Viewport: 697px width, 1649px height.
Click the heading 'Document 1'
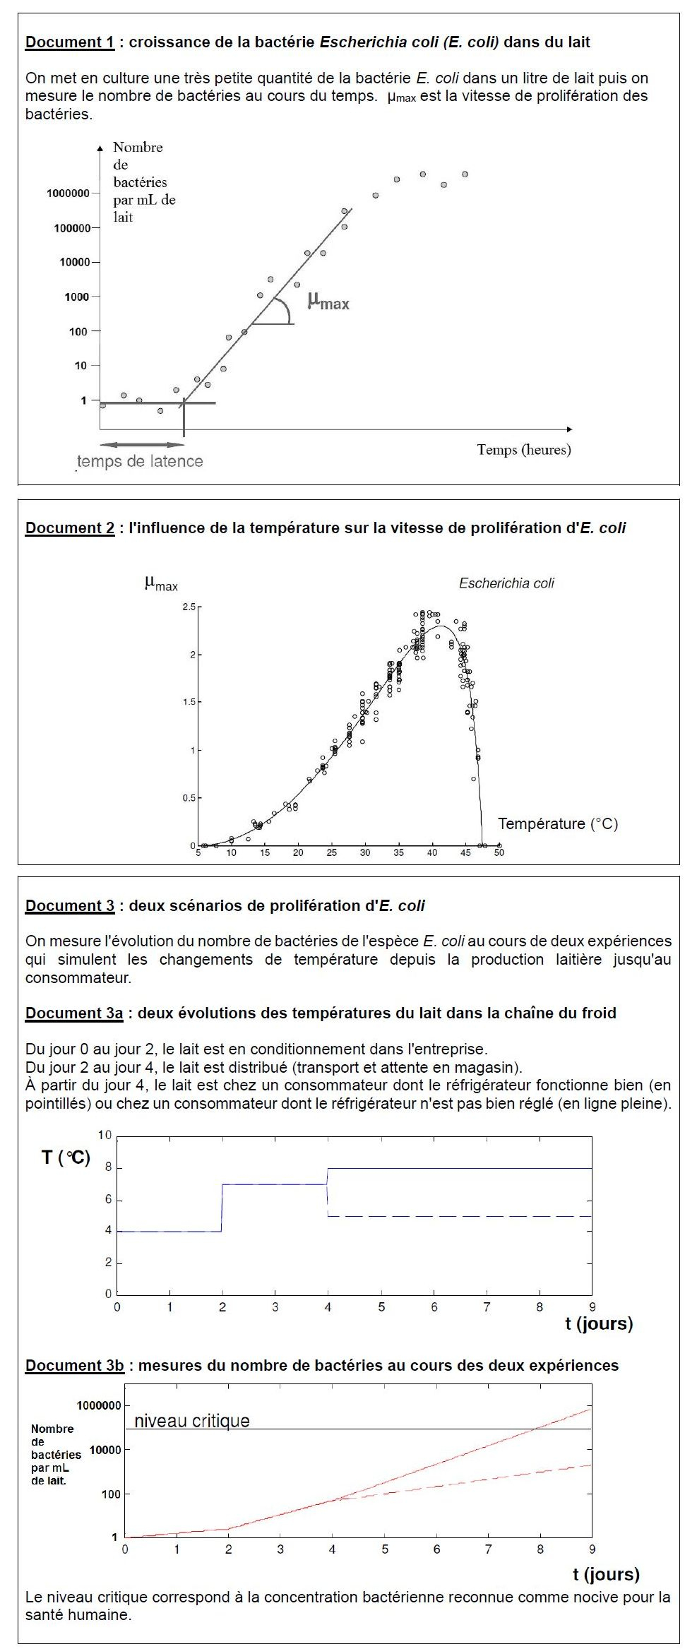click(69, 42)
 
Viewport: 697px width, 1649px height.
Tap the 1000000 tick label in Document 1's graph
click(68, 194)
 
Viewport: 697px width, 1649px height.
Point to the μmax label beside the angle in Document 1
click(328, 302)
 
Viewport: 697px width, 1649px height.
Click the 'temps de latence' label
click(140, 462)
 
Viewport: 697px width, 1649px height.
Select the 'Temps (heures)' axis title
click(523, 450)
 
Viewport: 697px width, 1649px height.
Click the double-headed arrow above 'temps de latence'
click(141, 445)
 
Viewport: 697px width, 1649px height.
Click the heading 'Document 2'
click(69, 528)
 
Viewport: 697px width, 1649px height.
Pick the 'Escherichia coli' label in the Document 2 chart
click(506, 583)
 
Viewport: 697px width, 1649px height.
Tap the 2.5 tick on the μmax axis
click(189, 607)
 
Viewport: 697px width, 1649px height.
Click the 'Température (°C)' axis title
click(558, 823)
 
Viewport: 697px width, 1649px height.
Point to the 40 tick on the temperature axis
click(432, 853)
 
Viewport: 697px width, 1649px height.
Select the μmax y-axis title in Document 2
click(161, 584)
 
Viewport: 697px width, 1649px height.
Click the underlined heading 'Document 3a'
click(73, 1013)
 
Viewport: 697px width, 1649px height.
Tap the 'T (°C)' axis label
click(66, 1157)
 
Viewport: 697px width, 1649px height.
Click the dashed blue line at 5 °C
click(459, 1216)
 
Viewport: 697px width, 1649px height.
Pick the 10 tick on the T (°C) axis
click(105, 1136)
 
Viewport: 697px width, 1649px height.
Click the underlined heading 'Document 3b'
click(74, 1366)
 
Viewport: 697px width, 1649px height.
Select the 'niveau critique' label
click(192, 1421)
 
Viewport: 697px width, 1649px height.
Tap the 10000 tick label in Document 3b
click(105, 1450)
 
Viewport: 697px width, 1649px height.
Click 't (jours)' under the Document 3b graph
click(606, 1574)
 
